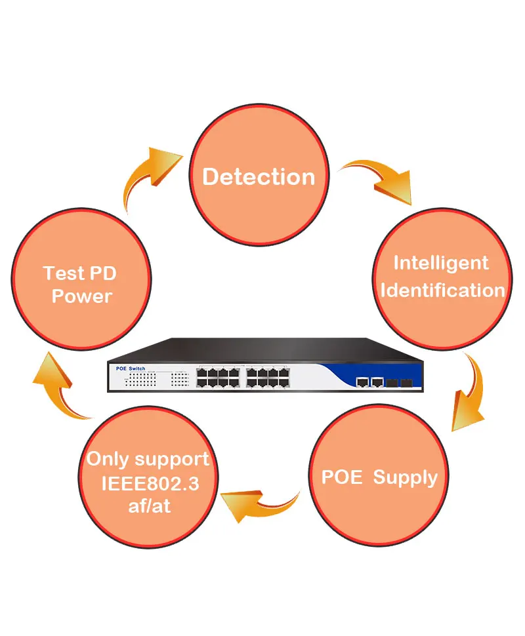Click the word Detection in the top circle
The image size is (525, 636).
coord(259,177)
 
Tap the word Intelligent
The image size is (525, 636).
coord(441,264)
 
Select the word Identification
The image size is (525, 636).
coord(442,290)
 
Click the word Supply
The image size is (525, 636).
coord(405,478)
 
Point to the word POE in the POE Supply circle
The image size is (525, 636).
coord(341,477)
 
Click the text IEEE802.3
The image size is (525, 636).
coord(150,483)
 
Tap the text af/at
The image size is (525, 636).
coord(150,506)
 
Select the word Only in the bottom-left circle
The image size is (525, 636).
coord(108,459)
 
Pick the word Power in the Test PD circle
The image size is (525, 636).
coord(82,296)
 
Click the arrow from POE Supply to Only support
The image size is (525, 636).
coord(260,506)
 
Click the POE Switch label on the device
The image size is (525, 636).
coord(131,368)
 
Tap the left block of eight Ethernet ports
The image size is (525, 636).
coord(218,378)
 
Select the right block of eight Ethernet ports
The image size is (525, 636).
coord(268,378)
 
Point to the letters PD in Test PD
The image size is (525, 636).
coord(103,273)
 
